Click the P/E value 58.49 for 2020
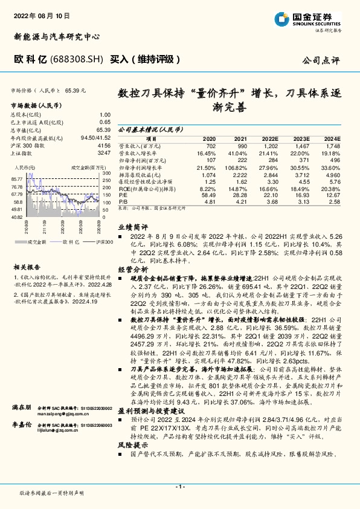coord(208,195)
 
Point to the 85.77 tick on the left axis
coord(17,179)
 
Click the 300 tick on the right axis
coord(105,173)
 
